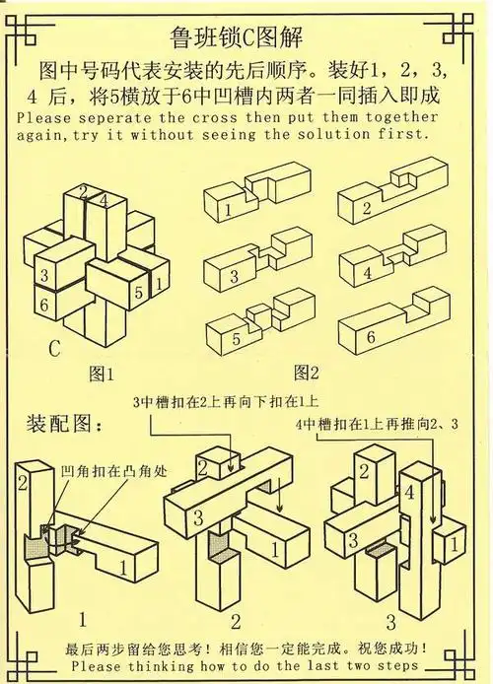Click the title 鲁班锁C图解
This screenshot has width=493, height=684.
pos(246,37)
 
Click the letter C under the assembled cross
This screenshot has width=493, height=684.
pos(53,348)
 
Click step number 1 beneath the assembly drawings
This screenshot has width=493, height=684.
pos(83,621)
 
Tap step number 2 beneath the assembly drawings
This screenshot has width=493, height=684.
pos(236,621)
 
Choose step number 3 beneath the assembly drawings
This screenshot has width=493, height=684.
pos(390,621)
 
